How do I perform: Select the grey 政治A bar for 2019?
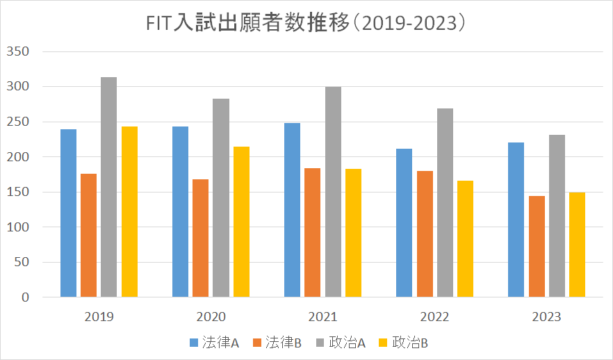108,187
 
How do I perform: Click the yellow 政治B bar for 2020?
241,222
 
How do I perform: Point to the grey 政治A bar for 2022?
445,203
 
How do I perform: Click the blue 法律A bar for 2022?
404,223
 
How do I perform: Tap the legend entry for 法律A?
215,342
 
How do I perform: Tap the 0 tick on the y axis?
25,297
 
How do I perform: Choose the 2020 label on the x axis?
211,317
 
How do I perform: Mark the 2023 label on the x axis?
546,317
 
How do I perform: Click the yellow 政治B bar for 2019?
129,212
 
